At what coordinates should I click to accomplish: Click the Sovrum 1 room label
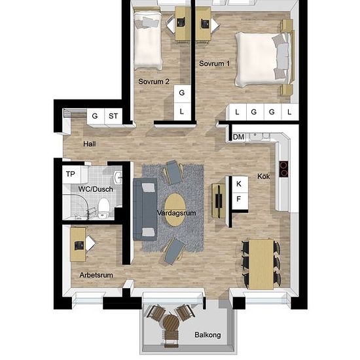point(214,63)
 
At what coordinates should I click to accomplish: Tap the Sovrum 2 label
point(154,81)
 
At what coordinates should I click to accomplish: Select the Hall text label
point(90,144)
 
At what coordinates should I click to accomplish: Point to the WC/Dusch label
point(96,189)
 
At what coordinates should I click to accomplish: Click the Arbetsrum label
point(96,275)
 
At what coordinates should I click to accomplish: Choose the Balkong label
point(207,335)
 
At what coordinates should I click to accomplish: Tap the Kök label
point(263,176)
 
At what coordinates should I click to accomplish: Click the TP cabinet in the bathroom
point(71,174)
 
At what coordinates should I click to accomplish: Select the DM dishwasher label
point(238,137)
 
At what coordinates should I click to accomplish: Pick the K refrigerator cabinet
point(240,184)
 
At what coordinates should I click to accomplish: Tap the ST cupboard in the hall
point(113,117)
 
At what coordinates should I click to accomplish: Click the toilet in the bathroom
point(103,207)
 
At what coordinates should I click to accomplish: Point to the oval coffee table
point(175,209)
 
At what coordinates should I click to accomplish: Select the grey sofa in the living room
point(145,209)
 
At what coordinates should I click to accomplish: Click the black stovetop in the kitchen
point(283,169)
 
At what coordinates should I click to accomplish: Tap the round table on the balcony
point(171,324)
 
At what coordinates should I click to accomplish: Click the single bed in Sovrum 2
point(148,39)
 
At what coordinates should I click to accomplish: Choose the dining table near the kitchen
point(261,264)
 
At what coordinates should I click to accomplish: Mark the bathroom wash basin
point(118,177)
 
